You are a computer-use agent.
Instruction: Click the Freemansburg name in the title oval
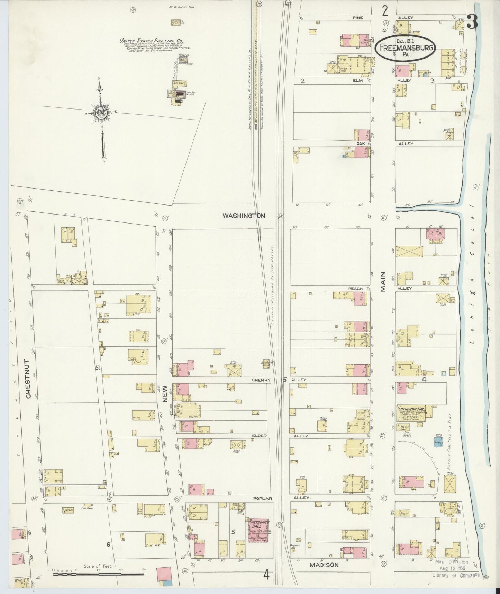[406, 48]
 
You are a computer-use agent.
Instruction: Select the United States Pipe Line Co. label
[151, 40]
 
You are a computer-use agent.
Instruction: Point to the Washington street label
[244, 216]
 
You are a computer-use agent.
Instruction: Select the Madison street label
[324, 565]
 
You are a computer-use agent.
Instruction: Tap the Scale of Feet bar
[98, 574]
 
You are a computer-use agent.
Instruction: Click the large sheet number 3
[472, 21]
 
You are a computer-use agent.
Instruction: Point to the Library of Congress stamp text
[456, 575]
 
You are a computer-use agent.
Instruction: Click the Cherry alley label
[261, 380]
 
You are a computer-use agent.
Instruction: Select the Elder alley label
[260, 436]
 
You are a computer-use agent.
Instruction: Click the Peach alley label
[355, 288]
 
